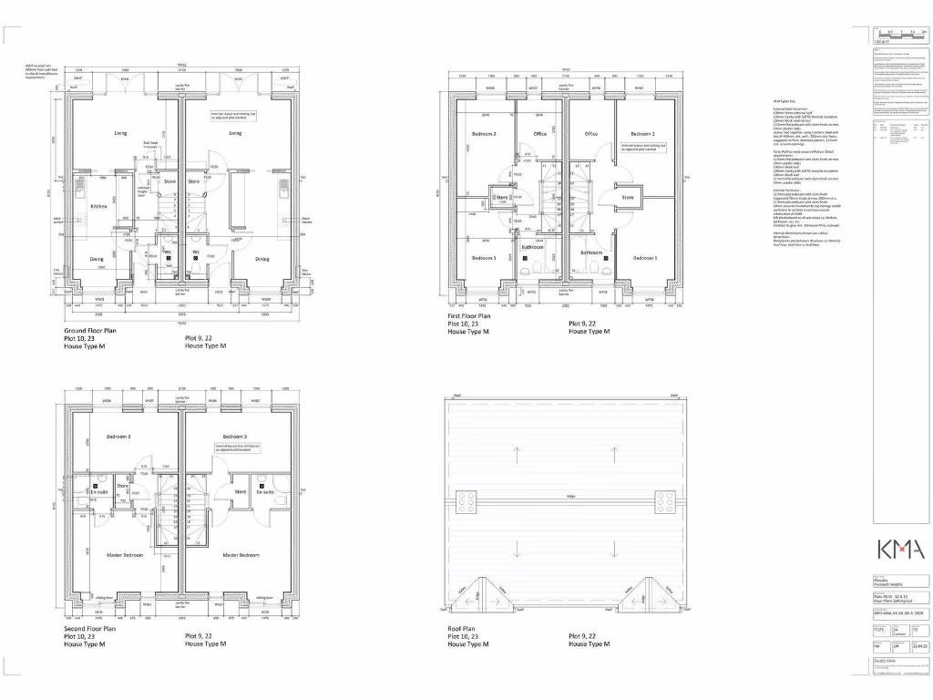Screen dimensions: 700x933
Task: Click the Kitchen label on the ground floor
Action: (98, 207)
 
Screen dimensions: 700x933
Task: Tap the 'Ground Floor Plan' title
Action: (90, 330)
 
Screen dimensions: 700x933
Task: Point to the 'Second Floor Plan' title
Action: (90, 628)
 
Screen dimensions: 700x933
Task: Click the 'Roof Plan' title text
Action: (462, 628)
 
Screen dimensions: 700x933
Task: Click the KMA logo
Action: (900, 550)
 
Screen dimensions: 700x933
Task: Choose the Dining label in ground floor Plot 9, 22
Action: (261, 259)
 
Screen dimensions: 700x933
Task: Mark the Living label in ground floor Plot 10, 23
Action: (121, 133)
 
